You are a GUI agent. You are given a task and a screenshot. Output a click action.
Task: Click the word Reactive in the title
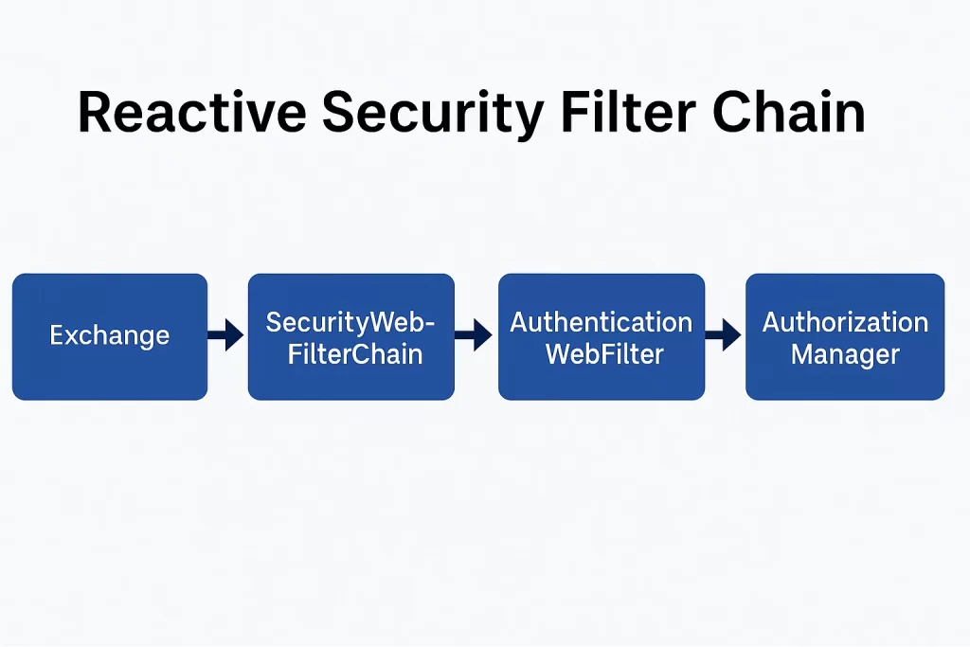191,112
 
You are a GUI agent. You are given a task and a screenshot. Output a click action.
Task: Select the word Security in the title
433,116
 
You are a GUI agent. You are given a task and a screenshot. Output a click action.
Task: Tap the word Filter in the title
628,112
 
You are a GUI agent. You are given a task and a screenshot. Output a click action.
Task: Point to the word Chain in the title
789,112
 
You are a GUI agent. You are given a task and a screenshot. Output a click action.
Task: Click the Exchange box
110,336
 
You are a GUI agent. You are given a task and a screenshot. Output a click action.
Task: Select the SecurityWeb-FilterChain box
351,336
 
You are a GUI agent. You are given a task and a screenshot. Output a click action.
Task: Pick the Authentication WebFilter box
602,336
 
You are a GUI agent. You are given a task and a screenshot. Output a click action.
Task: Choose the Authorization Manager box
845,336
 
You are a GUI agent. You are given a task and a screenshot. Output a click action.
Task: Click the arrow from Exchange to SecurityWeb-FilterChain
225,335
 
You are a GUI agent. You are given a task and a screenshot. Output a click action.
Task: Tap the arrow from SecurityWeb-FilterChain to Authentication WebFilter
474,335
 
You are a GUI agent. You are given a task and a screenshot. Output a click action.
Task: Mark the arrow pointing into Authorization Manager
723,335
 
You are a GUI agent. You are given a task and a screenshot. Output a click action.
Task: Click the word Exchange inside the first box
110,336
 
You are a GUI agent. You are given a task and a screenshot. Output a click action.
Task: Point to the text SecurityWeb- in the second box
350,322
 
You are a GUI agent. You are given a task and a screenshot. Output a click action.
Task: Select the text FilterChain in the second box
355,354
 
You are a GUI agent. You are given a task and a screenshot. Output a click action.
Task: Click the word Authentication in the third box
602,322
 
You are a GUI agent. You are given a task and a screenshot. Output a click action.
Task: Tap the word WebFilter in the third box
604,354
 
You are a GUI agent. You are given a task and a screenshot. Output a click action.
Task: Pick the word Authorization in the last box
845,322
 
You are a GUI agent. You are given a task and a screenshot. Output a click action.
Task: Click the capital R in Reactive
95,112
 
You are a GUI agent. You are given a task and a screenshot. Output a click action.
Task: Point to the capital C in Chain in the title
731,112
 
